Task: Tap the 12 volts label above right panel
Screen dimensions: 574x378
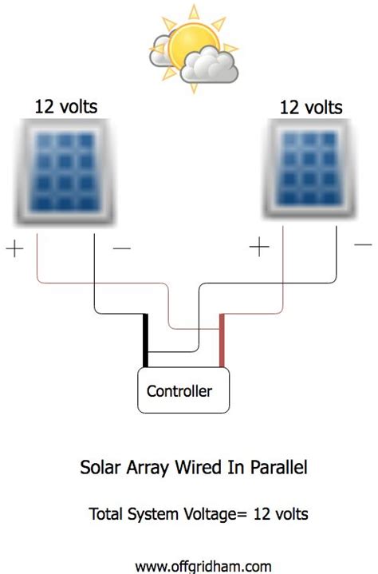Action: pyautogui.click(x=312, y=106)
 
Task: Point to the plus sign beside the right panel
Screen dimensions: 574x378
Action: pyautogui.click(x=260, y=248)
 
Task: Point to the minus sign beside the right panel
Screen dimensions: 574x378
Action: pyautogui.click(x=363, y=242)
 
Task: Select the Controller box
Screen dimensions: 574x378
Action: pyautogui.click(x=185, y=390)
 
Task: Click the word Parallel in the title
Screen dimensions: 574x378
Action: pyautogui.click(x=274, y=468)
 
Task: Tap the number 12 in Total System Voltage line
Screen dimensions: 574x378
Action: pyautogui.click(x=262, y=515)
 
